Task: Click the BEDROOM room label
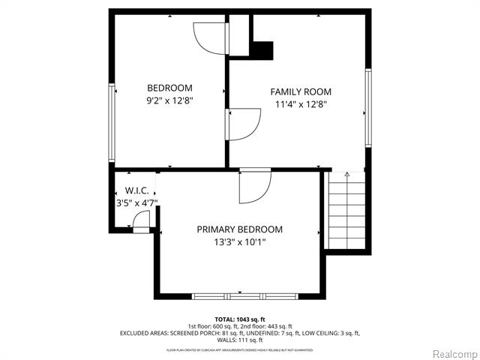169,88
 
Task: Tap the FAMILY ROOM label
301,91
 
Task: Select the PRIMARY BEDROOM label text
240,229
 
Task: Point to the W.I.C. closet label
136,190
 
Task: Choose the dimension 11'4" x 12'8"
301,105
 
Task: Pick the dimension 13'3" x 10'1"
240,242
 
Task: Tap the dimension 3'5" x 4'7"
136,202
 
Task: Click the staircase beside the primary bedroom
346,214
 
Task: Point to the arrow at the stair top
346,175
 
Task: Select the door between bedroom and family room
241,123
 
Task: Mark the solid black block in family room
262,50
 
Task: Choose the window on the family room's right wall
368,108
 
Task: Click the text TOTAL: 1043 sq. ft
240,319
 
